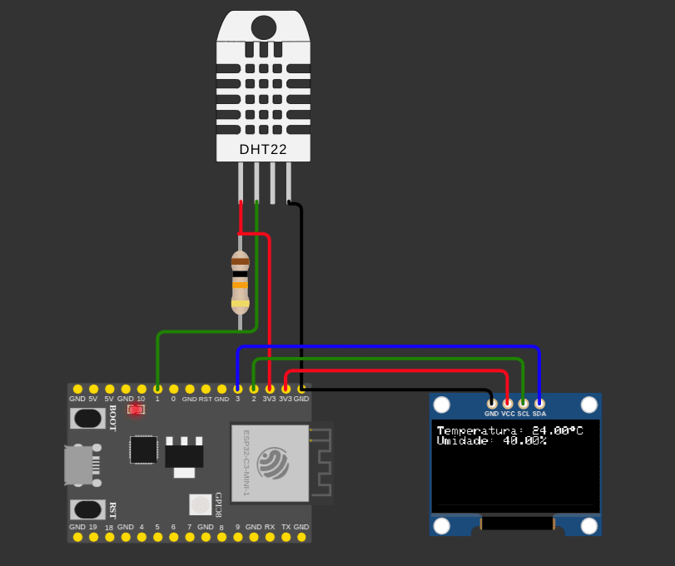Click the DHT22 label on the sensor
(263, 150)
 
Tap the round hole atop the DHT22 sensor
(264, 27)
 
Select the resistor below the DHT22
(241, 282)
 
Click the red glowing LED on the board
(136, 409)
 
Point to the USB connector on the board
(81, 464)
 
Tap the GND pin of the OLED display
(491, 403)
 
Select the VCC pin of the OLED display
(508, 403)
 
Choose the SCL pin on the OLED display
(524, 403)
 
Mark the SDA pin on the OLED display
(539, 403)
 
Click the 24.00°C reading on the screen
(557, 430)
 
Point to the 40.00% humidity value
(524, 440)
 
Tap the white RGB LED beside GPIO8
(200, 504)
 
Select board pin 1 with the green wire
(157, 389)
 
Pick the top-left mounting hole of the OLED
(441, 405)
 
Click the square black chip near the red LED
(143, 449)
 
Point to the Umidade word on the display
(464, 440)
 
